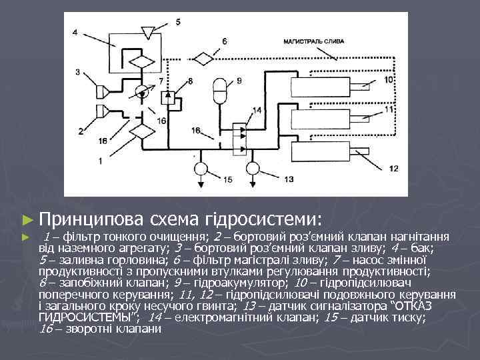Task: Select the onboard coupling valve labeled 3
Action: pyautogui.click(x=103, y=89)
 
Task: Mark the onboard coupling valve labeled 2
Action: pyautogui.click(x=103, y=110)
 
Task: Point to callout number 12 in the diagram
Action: pyautogui.click(x=393, y=168)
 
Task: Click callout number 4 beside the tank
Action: pyautogui.click(x=75, y=31)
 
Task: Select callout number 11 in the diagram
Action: pyautogui.click(x=389, y=110)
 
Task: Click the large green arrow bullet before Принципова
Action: pyautogui.click(x=27, y=219)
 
